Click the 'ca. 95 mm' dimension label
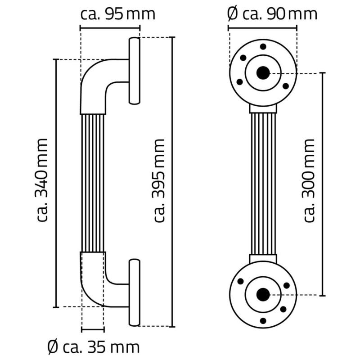click(118, 13)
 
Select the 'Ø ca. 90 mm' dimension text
click(272, 13)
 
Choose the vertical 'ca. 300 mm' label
click(309, 180)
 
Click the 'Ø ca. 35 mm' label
click(93, 347)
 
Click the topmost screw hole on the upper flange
click(263, 46)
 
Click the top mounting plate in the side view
click(135, 71)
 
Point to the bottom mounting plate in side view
click(134, 292)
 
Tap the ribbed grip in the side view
click(93, 182)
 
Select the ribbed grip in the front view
click(263, 183)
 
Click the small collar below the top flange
click(263, 108)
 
